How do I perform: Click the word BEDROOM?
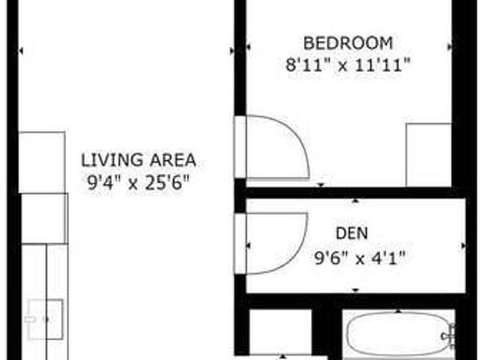[x=347, y=42]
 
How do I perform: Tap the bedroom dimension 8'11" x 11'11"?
[x=347, y=64]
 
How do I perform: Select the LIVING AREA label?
[x=139, y=160]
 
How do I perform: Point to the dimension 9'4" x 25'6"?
[x=139, y=181]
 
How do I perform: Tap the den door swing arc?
[x=289, y=236]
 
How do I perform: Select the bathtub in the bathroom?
[x=394, y=334]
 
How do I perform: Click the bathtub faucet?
[x=450, y=334]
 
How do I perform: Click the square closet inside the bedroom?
[x=428, y=154]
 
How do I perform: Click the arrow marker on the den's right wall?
[x=460, y=246]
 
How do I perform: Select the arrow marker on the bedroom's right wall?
[x=450, y=46]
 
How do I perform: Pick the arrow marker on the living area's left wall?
[x=21, y=51]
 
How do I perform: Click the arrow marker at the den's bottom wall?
[x=355, y=290]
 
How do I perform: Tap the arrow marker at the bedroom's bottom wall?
[x=321, y=184]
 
